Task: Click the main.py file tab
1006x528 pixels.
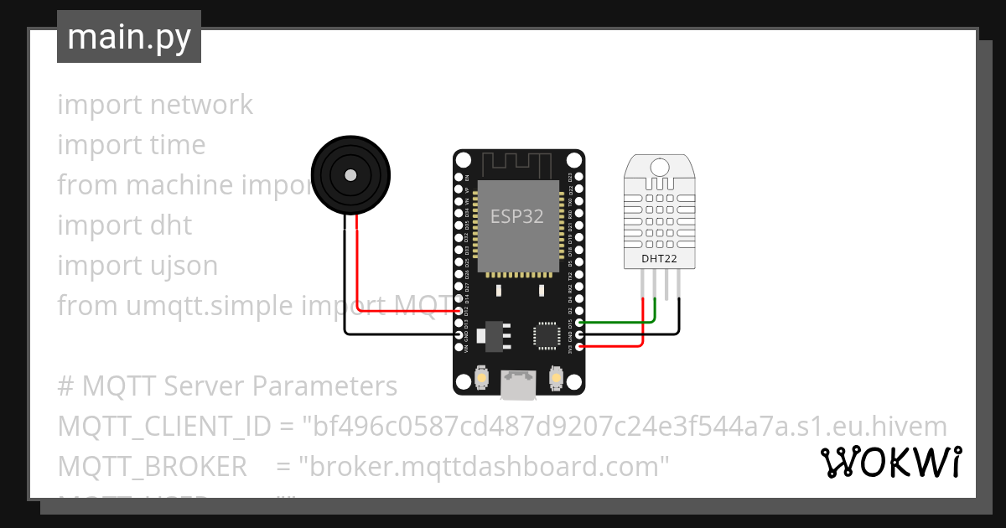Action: coord(128,37)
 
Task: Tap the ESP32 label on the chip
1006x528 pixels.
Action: coord(516,216)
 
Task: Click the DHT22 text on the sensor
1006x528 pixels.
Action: coord(659,258)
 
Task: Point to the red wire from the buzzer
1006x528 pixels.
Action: coord(358,268)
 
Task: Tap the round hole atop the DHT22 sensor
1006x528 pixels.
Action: coord(660,167)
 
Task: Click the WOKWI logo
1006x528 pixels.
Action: coord(890,463)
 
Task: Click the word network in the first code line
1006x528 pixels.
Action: coord(201,105)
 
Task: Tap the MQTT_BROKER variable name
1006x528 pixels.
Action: coord(153,466)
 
